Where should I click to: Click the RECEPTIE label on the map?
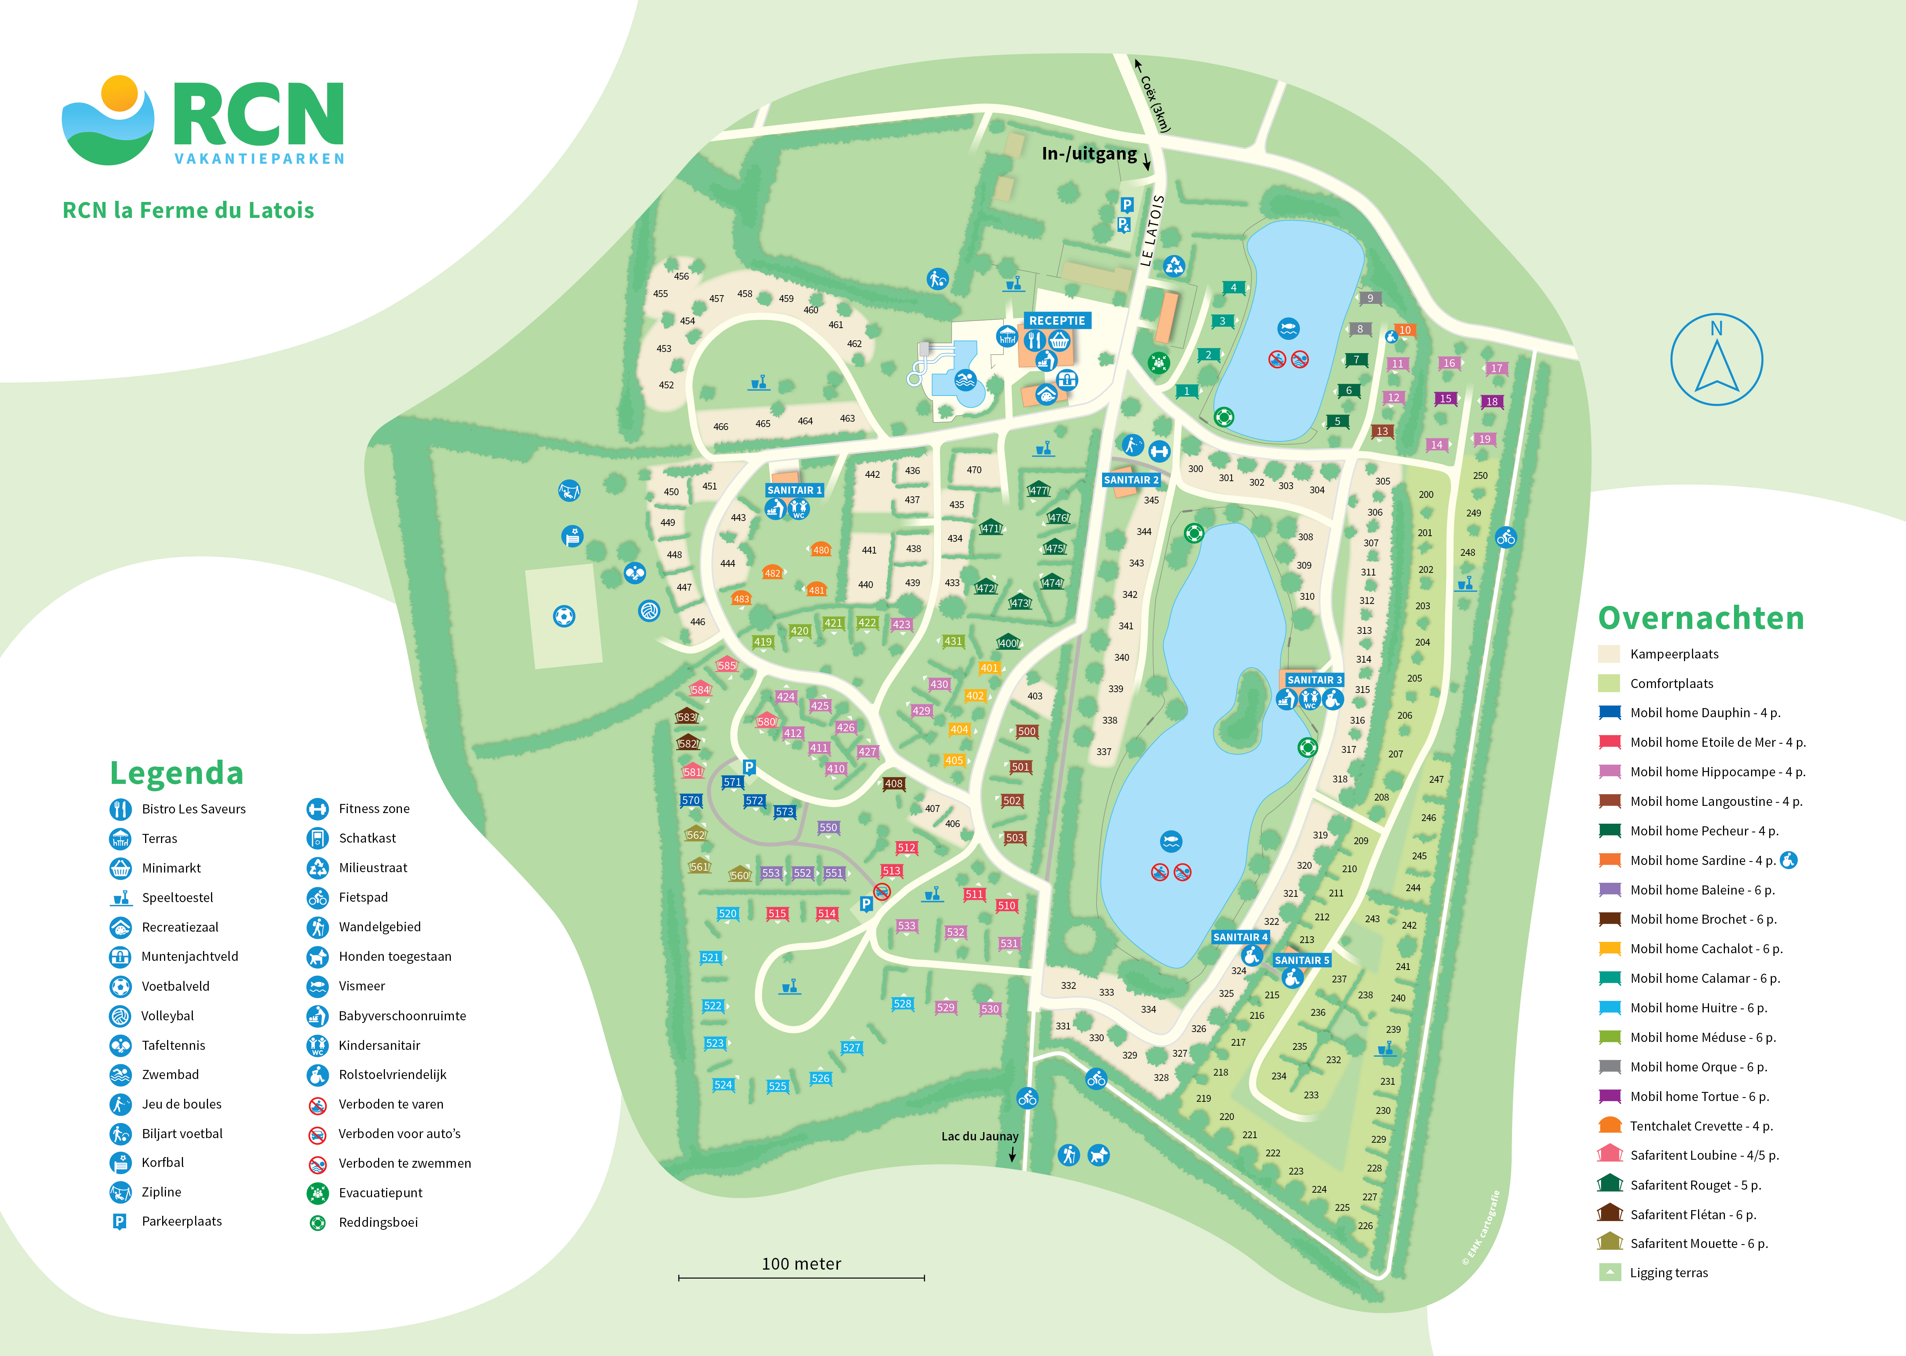1057,321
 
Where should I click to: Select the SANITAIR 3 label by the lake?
1314,680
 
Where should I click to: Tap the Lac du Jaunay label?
979,1136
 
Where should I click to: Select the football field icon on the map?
564,616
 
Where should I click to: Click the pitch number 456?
681,276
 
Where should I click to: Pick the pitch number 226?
1365,1226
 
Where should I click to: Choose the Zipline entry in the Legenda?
161,1192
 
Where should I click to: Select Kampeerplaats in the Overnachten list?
1674,654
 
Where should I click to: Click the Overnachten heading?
1701,618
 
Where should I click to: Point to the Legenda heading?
176,773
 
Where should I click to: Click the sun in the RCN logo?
119,93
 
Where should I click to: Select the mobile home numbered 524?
723,1085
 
